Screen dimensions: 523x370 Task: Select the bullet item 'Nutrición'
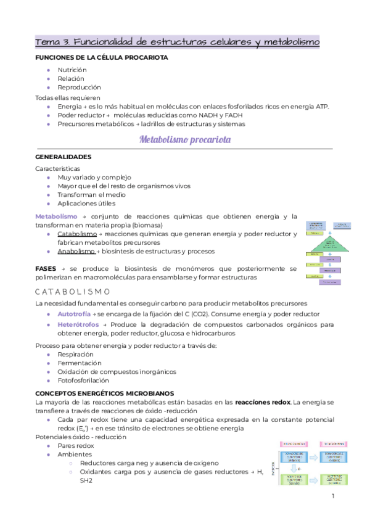[x=72, y=70]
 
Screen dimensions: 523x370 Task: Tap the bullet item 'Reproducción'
[x=79, y=88]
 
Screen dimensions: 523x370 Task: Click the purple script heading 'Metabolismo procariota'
[x=185, y=140]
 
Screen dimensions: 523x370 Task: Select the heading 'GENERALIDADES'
[x=64, y=157]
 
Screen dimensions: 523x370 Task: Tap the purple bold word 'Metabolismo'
[x=56, y=216]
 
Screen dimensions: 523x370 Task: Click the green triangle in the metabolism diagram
[x=333, y=243]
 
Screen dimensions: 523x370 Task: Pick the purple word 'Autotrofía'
[x=74, y=314]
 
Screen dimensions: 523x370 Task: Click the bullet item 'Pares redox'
[x=76, y=445]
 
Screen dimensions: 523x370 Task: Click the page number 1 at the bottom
[x=332, y=496]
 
